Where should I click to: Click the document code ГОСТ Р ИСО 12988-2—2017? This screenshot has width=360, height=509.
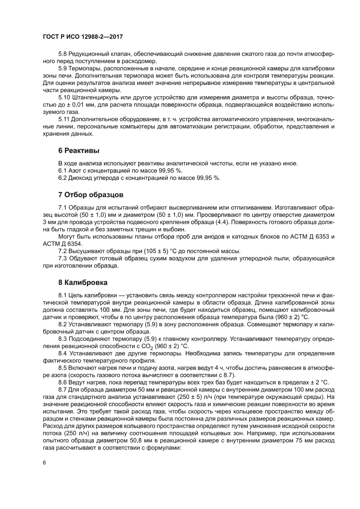[82, 38]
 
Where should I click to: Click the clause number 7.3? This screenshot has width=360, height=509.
[63, 259]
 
